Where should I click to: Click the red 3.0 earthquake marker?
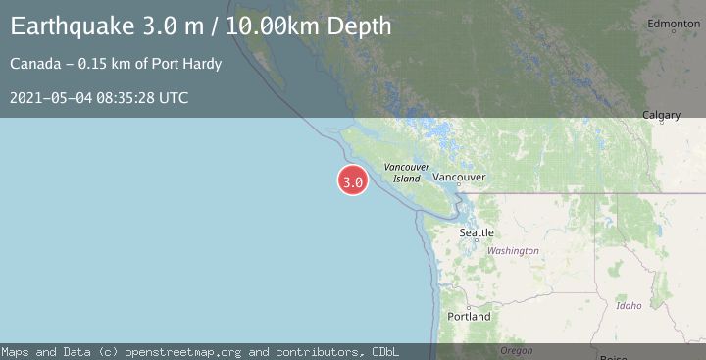(x=353, y=181)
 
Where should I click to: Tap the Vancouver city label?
(x=459, y=178)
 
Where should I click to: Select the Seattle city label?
(x=477, y=232)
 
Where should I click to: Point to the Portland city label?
(x=469, y=317)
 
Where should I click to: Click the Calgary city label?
(x=661, y=116)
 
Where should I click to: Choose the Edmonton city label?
(x=673, y=24)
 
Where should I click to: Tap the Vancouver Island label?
(x=407, y=173)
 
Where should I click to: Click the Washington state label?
(x=514, y=251)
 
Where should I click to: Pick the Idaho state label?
(x=629, y=306)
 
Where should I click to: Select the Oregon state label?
(x=516, y=350)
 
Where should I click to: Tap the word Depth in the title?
(x=359, y=26)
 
